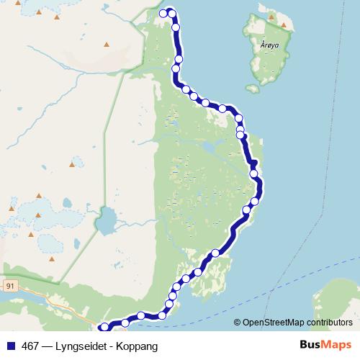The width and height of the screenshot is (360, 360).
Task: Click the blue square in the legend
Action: click(x=11, y=346)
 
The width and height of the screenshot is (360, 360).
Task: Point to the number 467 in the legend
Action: click(x=30, y=346)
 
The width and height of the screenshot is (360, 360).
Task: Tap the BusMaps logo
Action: click(x=325, y=345)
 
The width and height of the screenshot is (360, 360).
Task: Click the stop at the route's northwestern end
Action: click(x=163, y=12)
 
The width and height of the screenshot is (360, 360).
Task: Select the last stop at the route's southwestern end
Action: click(x=104, y=327)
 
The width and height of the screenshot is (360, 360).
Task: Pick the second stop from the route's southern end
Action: click(x=125, y=322)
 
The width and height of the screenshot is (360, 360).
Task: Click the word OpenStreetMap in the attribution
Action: click(x=271, y=323)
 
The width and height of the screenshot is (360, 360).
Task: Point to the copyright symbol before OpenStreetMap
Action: click(x=238, y=323)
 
